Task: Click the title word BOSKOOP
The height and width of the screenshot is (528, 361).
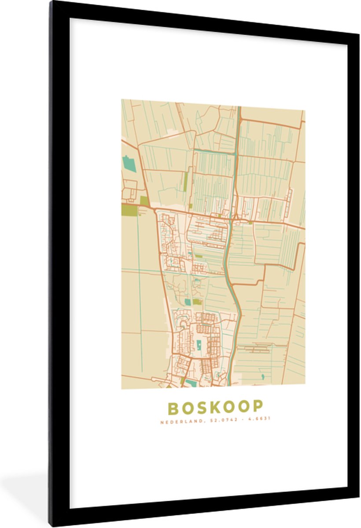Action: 215,407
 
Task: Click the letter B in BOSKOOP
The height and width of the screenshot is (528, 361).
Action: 173,408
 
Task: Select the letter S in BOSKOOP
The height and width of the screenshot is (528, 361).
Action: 198,408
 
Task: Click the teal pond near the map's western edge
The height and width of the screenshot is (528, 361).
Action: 129,164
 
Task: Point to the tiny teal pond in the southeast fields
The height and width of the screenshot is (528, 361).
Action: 263,377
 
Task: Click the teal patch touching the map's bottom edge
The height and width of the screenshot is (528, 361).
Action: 191,384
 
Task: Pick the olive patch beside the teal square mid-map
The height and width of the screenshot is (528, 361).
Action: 197,302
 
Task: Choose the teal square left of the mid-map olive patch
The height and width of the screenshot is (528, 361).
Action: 188,302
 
